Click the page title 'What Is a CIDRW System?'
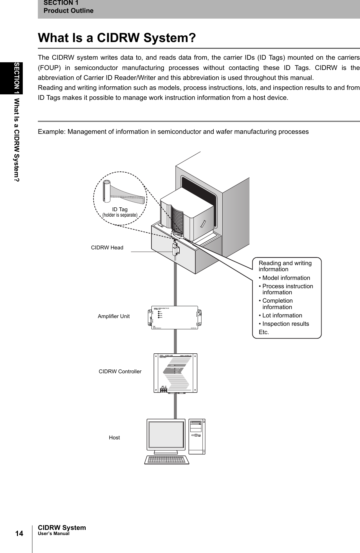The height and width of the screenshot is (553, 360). (117, 38)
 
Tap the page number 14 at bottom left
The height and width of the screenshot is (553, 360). (19, 534)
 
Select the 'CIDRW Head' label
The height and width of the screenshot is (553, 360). (107, 247)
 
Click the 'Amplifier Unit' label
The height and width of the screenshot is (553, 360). (114, 316)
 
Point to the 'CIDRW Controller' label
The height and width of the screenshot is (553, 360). (120, 371)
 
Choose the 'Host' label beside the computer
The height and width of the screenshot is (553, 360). (114, 437)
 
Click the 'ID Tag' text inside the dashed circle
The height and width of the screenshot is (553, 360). (120, 209)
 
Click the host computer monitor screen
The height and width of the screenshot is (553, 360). (166, 435)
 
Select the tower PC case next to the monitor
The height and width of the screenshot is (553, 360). (197, 436)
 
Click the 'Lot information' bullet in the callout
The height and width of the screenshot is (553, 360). (282, 315)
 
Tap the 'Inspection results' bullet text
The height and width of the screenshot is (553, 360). (286, 324)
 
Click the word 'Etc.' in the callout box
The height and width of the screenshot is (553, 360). (264, 332)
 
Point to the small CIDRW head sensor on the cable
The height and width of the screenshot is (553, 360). (176, 248)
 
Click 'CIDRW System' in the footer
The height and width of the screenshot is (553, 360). (62, 528)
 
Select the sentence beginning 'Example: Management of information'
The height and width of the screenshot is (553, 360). (173, 132)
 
